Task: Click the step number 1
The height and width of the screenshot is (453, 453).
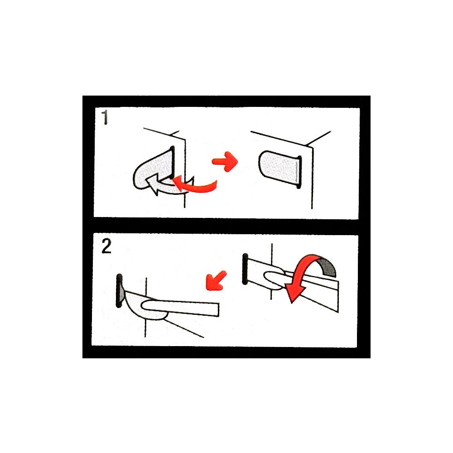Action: coord(105,119)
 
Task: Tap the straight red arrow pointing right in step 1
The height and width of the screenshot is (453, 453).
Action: coord(225,161)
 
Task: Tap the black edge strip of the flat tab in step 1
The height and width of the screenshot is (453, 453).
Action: coord(298,172)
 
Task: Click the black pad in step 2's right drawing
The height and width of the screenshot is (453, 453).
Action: coord(246,269)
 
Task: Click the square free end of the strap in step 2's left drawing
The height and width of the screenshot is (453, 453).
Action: coord(215,309)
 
